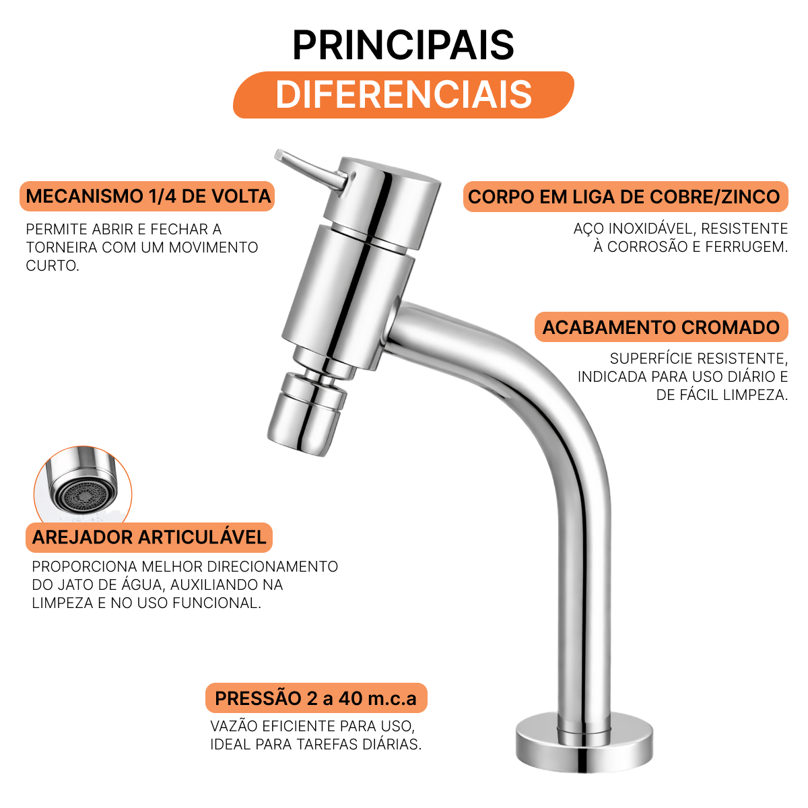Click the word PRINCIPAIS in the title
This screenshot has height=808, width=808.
pos(403,45)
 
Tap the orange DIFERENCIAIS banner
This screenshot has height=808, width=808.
pos(403,95)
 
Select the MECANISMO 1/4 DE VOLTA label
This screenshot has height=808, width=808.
pos(147,196)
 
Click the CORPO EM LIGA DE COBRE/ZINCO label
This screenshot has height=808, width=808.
pos(625,197)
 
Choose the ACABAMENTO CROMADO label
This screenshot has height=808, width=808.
pos(661,327)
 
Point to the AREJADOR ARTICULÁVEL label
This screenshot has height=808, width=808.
pos(149,537)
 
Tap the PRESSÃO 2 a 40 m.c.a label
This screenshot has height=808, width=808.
pos(316,698)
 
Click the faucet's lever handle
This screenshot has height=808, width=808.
pos(310,170)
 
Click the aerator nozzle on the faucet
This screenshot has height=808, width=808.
pos(307,414)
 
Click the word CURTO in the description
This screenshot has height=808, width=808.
pos(53,265)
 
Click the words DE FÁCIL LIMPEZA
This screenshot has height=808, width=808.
pos(722,395)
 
